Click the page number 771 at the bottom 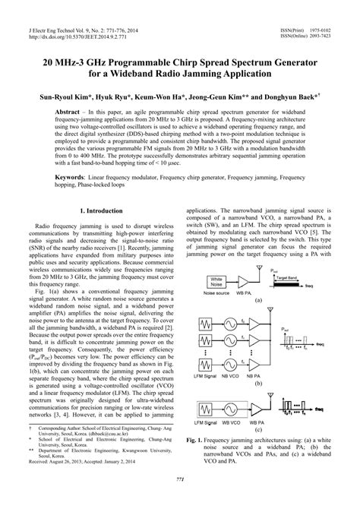pyautogui.click(x=180, y=498)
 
